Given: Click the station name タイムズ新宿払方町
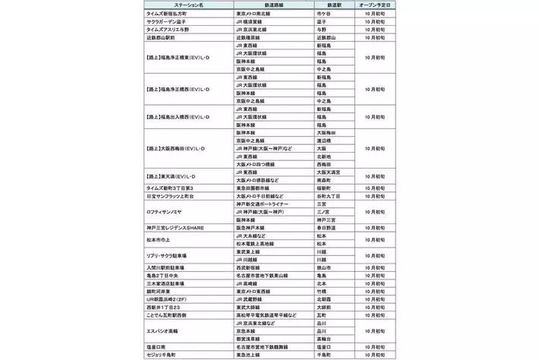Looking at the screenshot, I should coord(170,14).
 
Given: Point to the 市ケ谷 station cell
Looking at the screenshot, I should coord(324,14).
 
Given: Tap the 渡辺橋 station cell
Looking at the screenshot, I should coord(324,141).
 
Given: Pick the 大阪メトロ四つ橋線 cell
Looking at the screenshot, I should coord(260,164).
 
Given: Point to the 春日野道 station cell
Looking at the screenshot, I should coord(326,227).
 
